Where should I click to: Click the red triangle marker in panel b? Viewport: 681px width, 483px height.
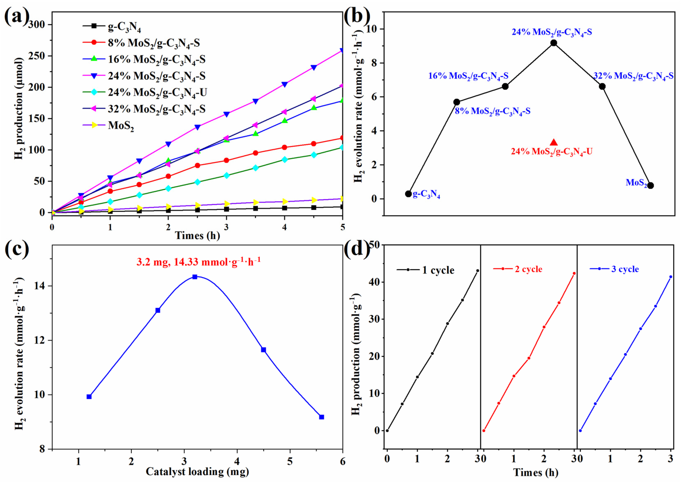pos(553,142)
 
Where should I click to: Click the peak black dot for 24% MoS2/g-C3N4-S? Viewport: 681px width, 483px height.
pos(553,43)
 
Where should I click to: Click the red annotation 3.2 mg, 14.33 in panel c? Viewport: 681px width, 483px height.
pos(199,262)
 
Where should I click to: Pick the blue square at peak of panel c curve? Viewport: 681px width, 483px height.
pos(195,277)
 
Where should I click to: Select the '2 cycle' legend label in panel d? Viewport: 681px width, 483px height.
pos(528,269)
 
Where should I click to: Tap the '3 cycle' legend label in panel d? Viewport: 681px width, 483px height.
pos(625,269)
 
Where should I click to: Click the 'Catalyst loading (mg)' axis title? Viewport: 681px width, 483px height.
pos(197,471)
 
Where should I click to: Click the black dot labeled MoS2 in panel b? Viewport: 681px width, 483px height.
pos(651,185)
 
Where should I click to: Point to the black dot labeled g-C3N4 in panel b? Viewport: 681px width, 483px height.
pos(408,194)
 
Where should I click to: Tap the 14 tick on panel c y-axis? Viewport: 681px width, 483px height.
pos(42,286)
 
